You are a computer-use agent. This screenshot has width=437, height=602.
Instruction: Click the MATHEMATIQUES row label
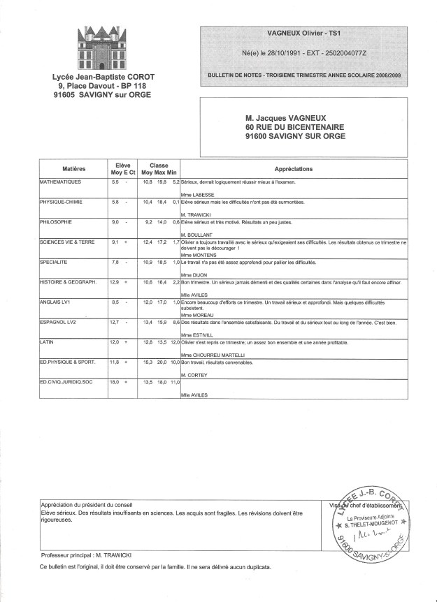[x=62, y=182]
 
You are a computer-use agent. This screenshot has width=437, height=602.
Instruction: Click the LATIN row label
[x=50, y=343]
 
